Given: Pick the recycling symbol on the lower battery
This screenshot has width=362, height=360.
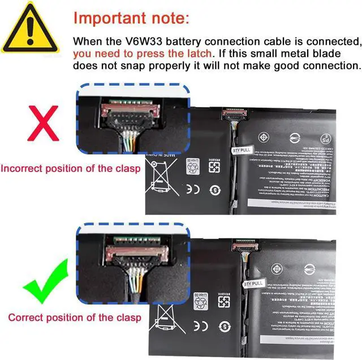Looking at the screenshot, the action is pos(201,302).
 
